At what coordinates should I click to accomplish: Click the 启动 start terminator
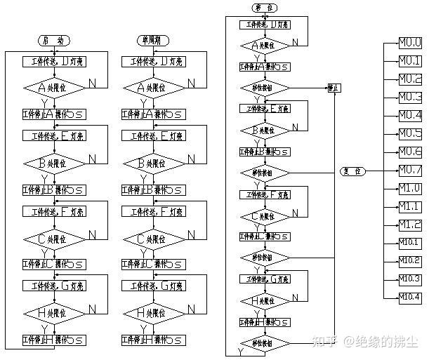[x=55, y=41]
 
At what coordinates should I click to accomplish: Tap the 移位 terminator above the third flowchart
[x=265, y=8]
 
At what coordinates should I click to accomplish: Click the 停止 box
[x=334, y=88]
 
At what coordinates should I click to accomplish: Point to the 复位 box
[x=352, y=171]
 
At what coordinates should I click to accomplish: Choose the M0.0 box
[x=410, y=42]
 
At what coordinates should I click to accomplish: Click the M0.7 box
[x=410, y=170]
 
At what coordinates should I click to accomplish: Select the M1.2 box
[x=410, y=225]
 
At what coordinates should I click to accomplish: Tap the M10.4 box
[x=410, y=298]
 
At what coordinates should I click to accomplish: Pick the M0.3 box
[x=410, y=97]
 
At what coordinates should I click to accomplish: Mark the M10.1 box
[x=410, y=243]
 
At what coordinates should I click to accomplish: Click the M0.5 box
[x=410, y=133]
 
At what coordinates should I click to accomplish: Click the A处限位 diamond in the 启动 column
[x=55, y=88]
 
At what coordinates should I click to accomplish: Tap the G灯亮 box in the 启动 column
[x=55, y=286]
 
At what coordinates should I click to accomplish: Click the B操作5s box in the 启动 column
[x=55, y=189]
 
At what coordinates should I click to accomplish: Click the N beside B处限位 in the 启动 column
[x=92, y=159]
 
